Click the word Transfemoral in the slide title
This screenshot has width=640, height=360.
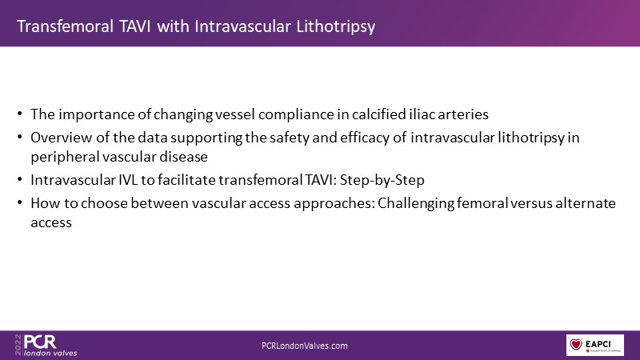click(66, 26)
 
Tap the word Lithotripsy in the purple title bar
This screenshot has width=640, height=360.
click(335, 27)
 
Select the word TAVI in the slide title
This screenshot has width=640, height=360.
click(134, 26)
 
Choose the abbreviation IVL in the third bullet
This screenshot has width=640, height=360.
click(128, 180)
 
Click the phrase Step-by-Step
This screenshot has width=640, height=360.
click(382, 181)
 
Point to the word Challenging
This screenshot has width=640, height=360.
click(415, 204)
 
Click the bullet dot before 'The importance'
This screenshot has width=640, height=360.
click(19, 114)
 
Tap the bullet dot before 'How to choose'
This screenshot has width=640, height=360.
click(19, 203)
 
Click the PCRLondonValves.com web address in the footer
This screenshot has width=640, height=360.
click(305, 346)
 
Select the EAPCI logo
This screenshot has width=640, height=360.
click(594, 345)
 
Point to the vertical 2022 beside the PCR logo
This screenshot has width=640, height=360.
click(18, 345)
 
